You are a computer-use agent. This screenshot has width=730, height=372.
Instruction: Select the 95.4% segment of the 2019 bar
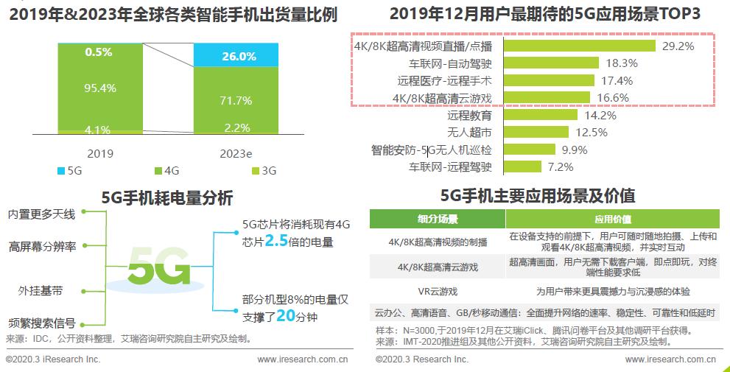click(100, 88)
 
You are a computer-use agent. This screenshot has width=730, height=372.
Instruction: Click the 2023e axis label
click(236, 154)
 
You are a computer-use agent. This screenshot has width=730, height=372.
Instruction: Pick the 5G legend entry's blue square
click(60, 171)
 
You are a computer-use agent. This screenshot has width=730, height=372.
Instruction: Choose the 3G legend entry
click(263, 171)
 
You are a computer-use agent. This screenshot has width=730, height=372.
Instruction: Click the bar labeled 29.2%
click(579, 46)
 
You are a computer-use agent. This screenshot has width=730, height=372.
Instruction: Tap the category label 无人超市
click(470, 133)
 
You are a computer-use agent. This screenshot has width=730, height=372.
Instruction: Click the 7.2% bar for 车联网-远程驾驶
click(522, 167)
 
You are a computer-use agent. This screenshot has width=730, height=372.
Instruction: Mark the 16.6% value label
click(613, 98)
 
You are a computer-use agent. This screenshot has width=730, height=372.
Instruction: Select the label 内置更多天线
click(41, 214)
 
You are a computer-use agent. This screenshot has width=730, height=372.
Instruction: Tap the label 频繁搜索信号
click(41, 323)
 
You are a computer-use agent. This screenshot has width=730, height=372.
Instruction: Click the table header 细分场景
click(438, 219)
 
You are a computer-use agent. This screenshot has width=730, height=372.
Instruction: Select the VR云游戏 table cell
click(438, 291)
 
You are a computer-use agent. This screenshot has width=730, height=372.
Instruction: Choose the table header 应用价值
click(612, 219)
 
